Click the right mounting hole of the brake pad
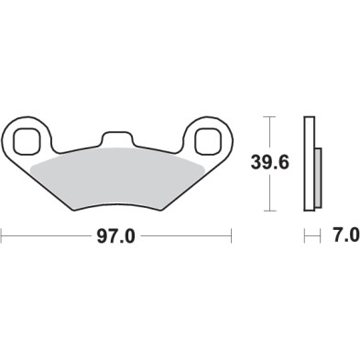click(206, 140)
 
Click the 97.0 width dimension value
click(115, 237)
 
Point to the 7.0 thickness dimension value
click(344, 237)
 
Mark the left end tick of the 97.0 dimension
click(2, 237)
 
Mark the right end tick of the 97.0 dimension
click(231, 237)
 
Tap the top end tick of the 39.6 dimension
click(267, 117)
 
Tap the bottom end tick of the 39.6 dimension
click(267, 210)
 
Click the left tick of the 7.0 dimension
click(305, 237)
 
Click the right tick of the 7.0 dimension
click(321, 237)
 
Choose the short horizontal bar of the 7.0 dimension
click(312, 237)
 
